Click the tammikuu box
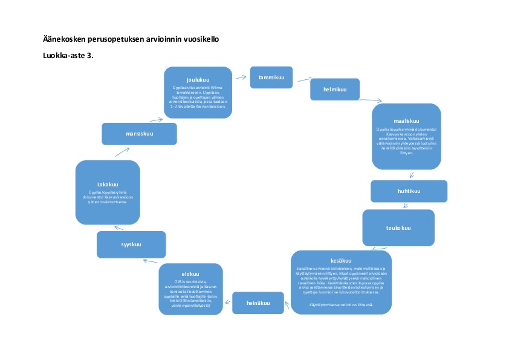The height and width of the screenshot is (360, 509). coord(271,77)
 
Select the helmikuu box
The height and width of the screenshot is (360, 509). coord(334,90)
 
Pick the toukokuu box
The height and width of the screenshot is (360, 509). coord(398,228)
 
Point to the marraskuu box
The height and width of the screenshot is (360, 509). coord(139,134)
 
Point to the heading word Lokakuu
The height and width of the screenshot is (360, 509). coord(107,185)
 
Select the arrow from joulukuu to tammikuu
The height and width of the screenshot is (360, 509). coord(241,76)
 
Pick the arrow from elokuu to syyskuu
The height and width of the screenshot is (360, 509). coord(150,261)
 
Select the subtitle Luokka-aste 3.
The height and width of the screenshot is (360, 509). coord(67,55)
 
